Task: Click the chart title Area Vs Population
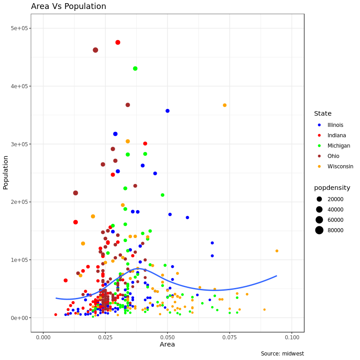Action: click(68, 6)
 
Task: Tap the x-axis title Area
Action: click(167, 345)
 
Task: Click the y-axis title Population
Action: click(6, 172)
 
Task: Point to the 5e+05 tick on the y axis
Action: click(19, 28)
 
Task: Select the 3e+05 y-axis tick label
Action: click(19, 144)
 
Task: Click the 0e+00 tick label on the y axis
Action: click(19, 318)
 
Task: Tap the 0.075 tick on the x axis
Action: click(229, 337)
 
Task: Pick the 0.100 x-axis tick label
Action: click(292, 337)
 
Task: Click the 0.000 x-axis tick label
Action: click(43, 337)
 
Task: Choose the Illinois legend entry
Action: click(335, 125)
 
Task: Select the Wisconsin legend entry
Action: click(340, 166)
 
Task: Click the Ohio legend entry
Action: click(333, 156)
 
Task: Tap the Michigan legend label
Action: click(338, 146)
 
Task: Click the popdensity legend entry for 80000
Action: click(335, 230)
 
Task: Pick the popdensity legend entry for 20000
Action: click(335, 199)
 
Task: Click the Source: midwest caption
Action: click(282, 354)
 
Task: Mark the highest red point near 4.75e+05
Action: click(118, 42)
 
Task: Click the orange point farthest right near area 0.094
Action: click(277, 251)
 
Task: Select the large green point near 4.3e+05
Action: click(135, 68)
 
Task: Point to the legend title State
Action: click(323, 114)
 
